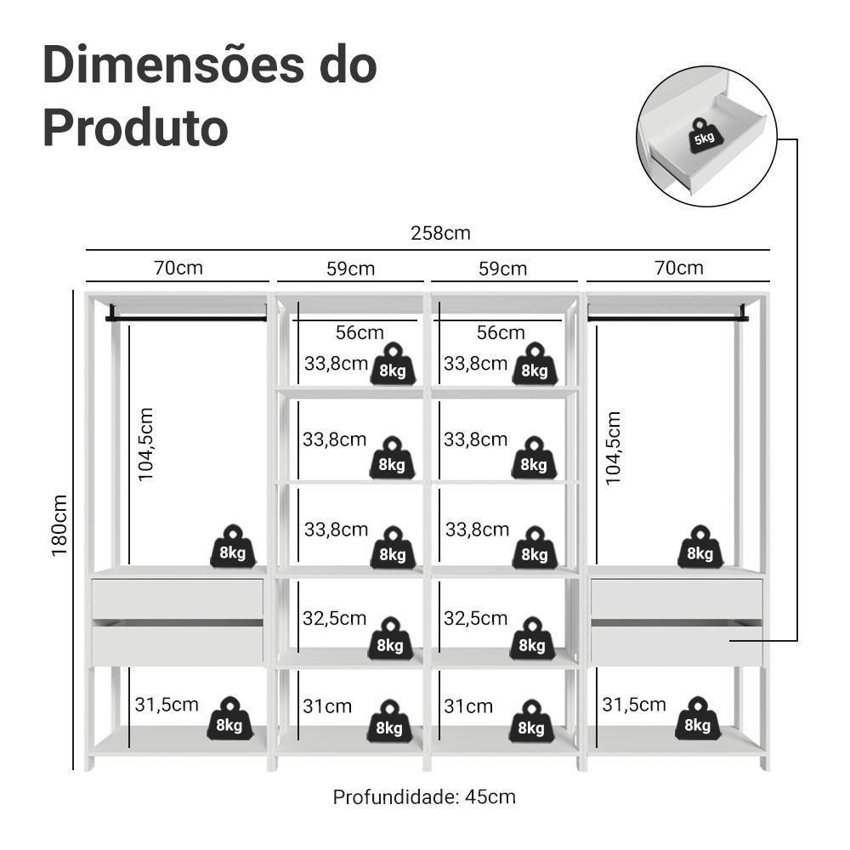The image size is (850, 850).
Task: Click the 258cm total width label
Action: tap(440, 233)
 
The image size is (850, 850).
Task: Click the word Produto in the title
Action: tap(135, 127)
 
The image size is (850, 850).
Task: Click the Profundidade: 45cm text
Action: tap(424, 797)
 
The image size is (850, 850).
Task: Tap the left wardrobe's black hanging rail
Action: tap(185, 318)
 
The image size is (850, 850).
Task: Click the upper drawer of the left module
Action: tap(178, 598)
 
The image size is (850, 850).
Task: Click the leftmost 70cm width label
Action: tap(178, 269)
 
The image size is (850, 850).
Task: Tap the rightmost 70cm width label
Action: tap(678, 269)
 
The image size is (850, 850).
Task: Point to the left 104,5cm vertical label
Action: tap(146, 445)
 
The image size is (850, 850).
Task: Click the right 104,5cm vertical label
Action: tap(614, 448)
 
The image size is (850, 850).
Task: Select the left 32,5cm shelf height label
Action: tap(335, 618)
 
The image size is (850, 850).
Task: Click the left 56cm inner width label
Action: tap(360, 332)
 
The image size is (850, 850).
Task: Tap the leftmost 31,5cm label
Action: tap(167, 705)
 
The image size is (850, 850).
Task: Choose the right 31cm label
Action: tap(468, 706)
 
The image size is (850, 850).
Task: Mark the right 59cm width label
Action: tap(502, 269)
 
